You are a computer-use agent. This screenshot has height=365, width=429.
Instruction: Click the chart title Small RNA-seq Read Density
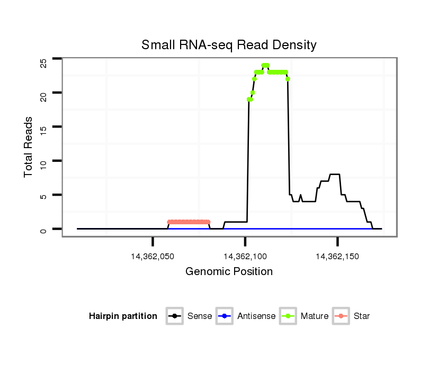click(x=229, y=45)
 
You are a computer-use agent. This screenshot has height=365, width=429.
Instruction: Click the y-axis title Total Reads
click(x=29, y=147)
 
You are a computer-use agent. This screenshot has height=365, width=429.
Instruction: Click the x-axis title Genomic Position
click(x=229, y=272)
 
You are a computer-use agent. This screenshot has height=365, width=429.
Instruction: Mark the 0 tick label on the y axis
click(x=43, y=229)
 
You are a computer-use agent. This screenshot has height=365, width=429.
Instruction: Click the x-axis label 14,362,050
click(x=153, y=257)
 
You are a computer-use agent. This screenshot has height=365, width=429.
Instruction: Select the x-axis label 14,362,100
click(x=245, y=257)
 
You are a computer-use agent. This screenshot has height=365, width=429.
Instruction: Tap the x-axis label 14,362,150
click(x=337, y=257)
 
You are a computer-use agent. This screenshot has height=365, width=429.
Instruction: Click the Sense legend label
click(x=200, y=316)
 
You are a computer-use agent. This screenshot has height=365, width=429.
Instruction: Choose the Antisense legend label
click(x=256, y=316)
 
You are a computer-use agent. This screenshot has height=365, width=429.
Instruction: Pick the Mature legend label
click(x=315, y=316)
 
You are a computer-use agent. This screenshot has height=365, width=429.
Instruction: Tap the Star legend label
click(x=362, y=316)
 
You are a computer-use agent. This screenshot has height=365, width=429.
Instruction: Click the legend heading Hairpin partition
click(x=123, y=316)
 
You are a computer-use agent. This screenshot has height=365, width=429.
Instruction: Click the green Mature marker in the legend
click(x=288, y=316)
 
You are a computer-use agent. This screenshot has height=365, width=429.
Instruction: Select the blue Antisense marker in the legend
click(x=225, y=316)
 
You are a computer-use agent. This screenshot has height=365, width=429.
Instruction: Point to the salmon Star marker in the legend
click(x=341, y=316)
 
